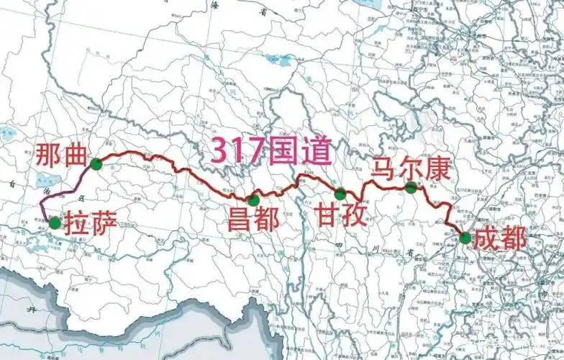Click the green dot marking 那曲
click(96, 164)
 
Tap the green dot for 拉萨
click(55, 222)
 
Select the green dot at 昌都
click(253, 199)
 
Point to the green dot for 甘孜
click(340, 194)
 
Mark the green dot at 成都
click(465, 238)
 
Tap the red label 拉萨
click(87, 223)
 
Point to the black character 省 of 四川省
click(409, 252)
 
